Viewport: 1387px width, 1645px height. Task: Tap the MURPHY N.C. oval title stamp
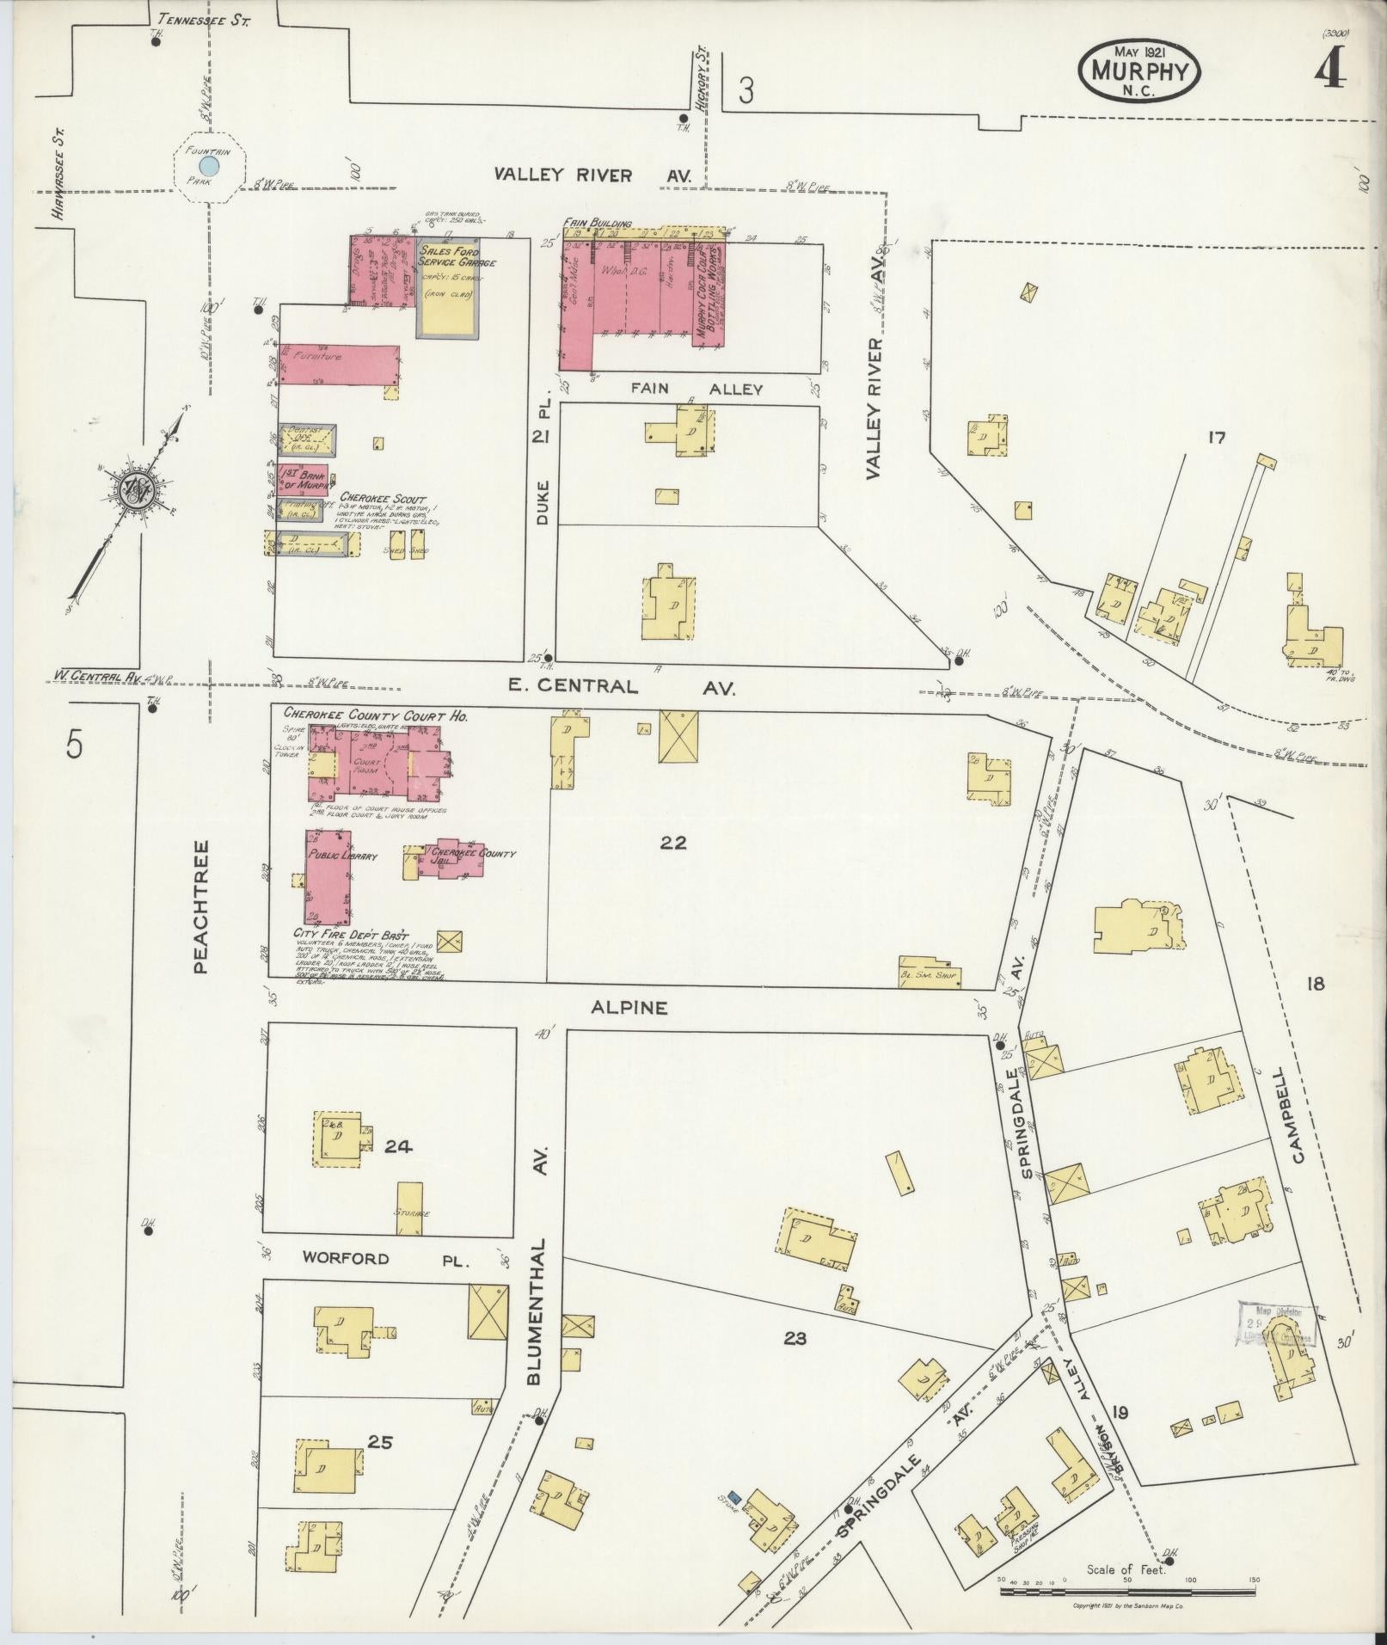coord(1138,72)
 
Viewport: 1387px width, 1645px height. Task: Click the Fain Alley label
coord(697,389)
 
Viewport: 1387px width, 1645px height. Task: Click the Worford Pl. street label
coord(384,1259)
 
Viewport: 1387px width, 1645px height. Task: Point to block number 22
coord(673,842)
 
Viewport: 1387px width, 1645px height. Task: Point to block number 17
coord(1215,439)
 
